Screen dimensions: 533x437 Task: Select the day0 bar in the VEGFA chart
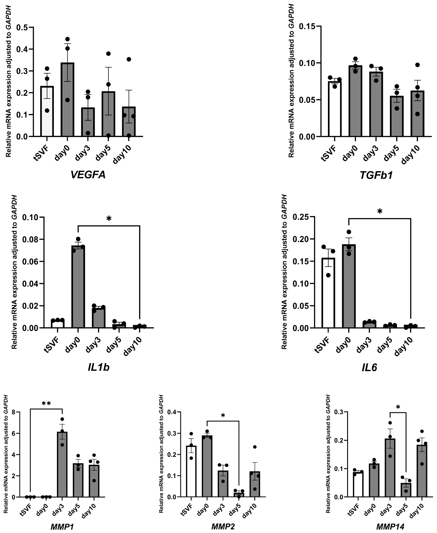click(x=67, y=101)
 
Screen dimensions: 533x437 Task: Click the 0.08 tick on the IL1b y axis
click(x=31, y=239)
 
